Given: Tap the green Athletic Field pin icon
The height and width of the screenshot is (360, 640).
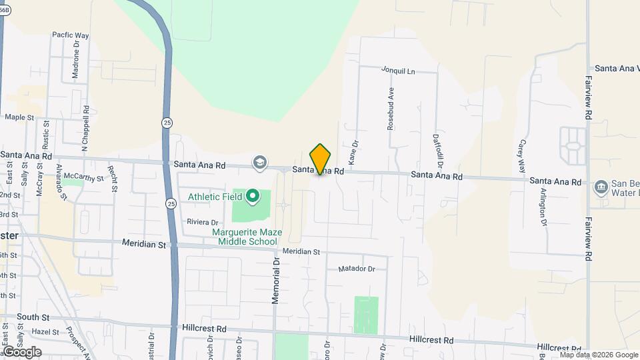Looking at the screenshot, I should coord(253,196).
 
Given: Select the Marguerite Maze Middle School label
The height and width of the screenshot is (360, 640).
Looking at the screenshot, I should coord(247,237).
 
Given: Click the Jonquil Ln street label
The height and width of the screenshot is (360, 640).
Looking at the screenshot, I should coord(398,70).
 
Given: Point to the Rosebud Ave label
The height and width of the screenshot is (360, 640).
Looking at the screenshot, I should coord(391,109).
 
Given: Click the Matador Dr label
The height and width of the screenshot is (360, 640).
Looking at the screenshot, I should coord(357,269).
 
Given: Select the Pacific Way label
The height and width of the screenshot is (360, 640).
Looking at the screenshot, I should coord(71,35).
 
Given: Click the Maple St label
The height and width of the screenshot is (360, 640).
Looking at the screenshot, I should coord(19,117).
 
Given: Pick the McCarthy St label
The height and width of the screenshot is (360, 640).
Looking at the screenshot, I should coord(83,178).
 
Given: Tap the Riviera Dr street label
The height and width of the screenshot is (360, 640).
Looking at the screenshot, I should coord(203,222).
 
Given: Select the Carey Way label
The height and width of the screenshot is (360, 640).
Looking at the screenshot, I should coord(522,154).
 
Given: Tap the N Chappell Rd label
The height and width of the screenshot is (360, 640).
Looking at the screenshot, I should coord(85,129).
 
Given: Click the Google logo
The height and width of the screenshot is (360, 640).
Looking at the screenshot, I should coord(22,352).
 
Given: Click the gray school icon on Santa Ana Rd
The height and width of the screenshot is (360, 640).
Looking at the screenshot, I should coord(259,163).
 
